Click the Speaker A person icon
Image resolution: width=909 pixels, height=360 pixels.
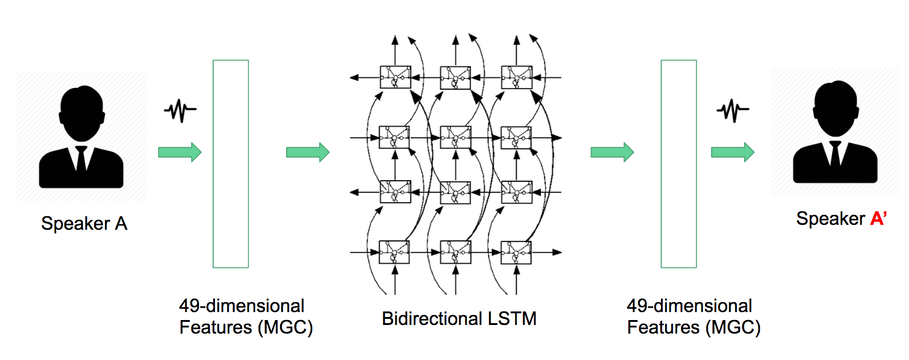[81, 138]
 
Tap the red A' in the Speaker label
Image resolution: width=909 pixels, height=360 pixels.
[879, 219]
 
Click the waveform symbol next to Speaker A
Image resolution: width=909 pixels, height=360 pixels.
[179, 111]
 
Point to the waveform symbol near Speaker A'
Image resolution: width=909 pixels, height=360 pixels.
[732, 111]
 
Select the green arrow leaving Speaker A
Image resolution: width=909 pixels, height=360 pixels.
[179, 152]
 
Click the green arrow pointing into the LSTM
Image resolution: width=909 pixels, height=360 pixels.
[307, 152]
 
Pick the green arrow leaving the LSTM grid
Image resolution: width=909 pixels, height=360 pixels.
[612, 152]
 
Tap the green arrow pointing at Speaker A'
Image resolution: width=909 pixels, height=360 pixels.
[732, 152]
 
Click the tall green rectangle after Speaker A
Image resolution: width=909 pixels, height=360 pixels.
[230, 164]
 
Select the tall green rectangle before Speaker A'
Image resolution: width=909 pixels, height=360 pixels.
[678, 164]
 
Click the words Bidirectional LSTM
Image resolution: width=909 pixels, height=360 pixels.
[459, 319]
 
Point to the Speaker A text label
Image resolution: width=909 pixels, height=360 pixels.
[84, 224]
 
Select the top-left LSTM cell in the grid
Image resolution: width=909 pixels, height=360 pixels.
[395, 77]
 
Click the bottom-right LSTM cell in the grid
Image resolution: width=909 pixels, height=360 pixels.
[516, 252]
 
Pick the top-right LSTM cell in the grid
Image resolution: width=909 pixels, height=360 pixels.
[516, 77]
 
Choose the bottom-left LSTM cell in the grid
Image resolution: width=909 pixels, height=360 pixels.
[395, 252]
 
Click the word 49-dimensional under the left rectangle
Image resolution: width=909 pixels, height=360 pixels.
[241, 306]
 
